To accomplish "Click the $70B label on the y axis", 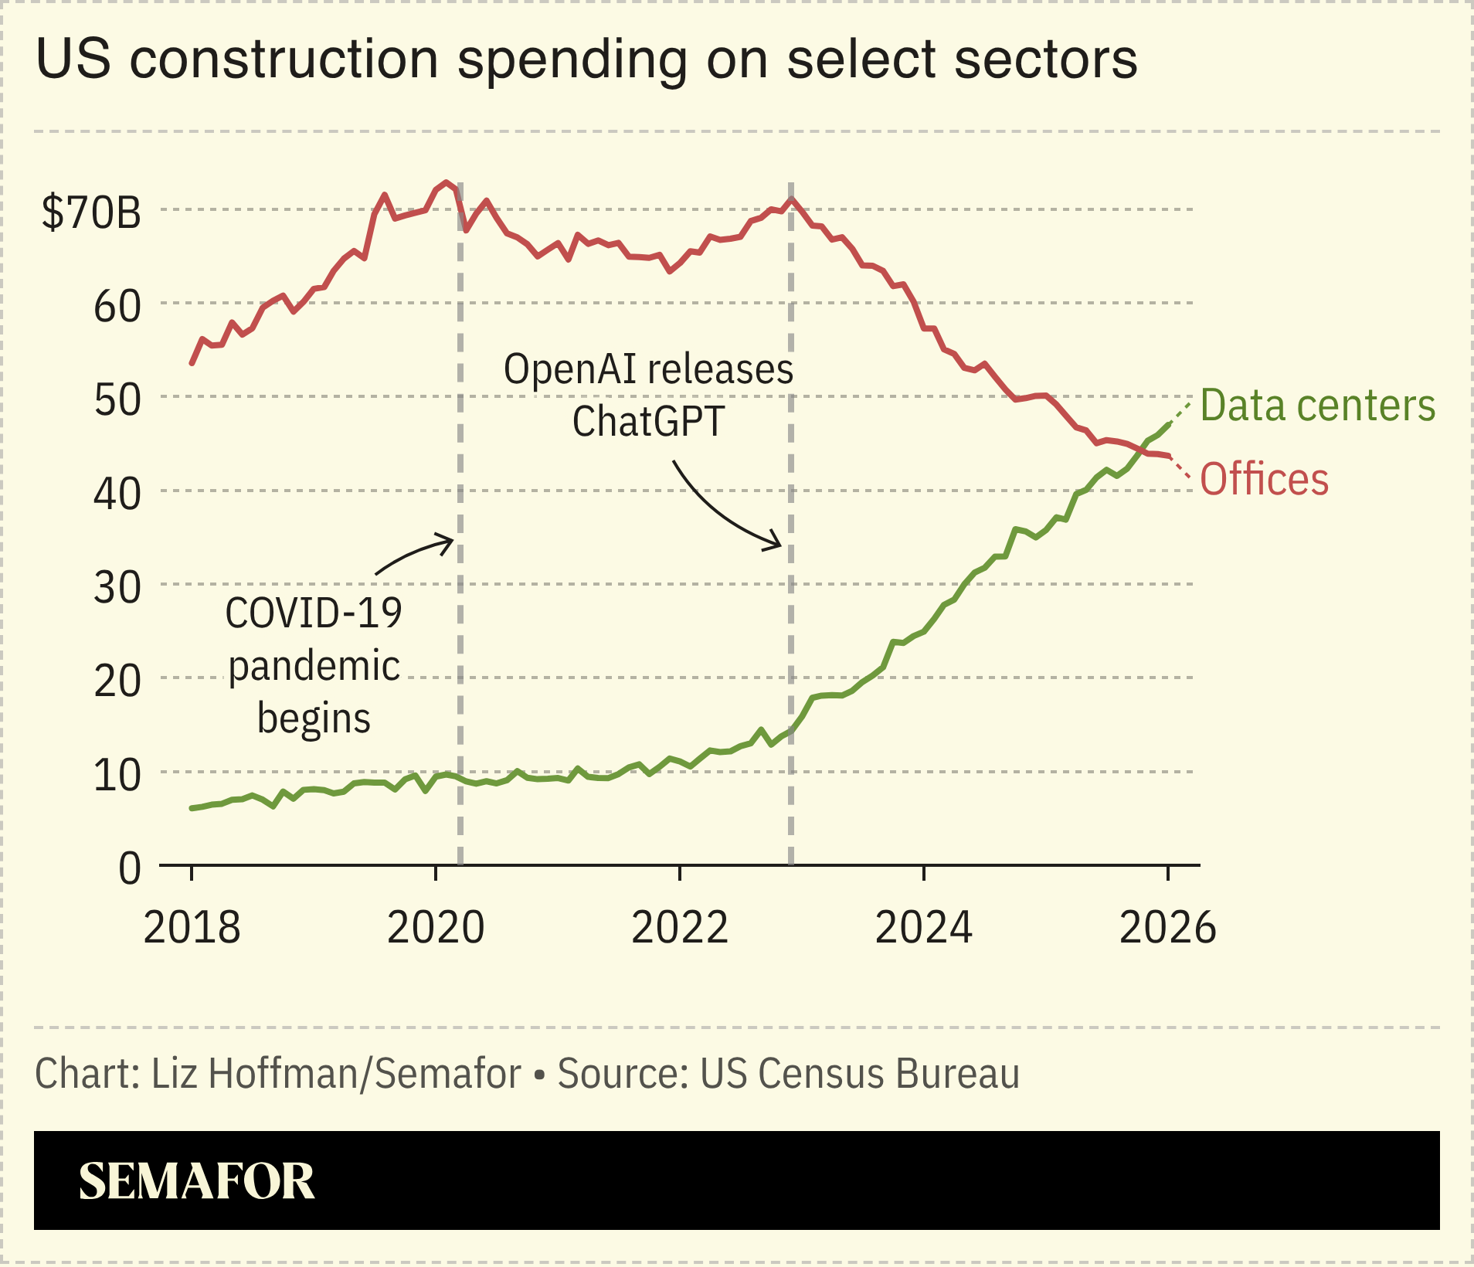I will pos(91,212).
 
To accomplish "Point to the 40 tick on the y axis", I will pos(117,494).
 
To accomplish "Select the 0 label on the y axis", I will pos(130,868).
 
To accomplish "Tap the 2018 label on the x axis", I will pos(192,927).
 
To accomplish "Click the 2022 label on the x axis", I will pos(680,927).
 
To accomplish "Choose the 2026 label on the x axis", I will pos(1167,927).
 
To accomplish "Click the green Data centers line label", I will pos(1317,406).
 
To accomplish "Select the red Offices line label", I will pos(1264,479).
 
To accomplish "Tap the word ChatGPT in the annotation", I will pos(647,422).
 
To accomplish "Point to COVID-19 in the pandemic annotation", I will pos(313,613).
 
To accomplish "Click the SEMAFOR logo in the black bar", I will pos(196,1180).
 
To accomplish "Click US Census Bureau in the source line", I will pos(859,1074).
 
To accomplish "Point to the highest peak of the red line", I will pos(447,183).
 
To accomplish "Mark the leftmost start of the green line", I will pos(192,808).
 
